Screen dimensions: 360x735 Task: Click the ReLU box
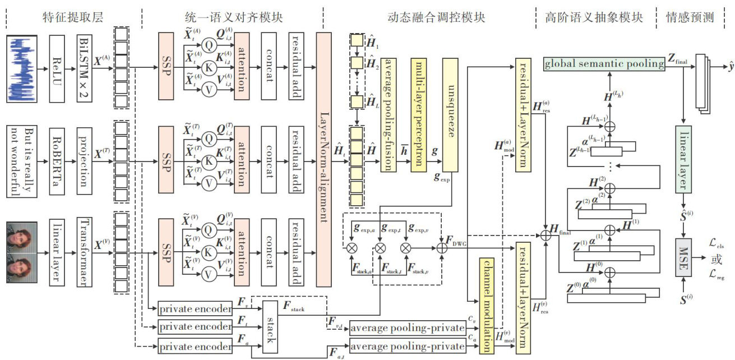click(x=57, y=68)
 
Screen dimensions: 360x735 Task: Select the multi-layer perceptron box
click(x=419, y=106)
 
